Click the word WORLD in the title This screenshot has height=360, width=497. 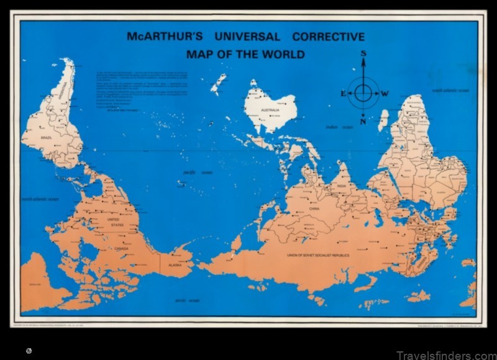pyautogui.click(x=283, y=54)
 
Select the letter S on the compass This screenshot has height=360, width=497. pyautogui.click(x=363, y=54)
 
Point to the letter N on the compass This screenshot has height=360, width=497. pyautogui.click(x=363, y=122)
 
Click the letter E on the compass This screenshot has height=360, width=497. pyautogui.click(x=342, y=94)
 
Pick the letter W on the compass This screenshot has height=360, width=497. pyautogui.click(x=385, y=94)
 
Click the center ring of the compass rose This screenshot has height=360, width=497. pyautogui.click(x=363, y=94)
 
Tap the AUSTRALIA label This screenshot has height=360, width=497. pyautogui.click(x=270, y=111)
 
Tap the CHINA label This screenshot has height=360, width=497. pyautogui.click(x=314, y=209)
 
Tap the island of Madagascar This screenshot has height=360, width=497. pyautogui.click(x=383, y=120)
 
